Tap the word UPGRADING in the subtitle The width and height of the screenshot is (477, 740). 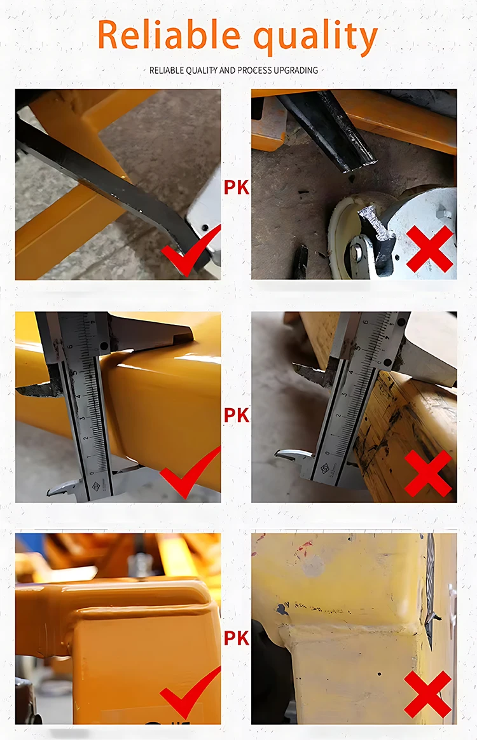tap(295, 70)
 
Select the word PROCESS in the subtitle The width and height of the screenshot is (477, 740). tap(254, 70)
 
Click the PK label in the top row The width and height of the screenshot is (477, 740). tap(236, 188)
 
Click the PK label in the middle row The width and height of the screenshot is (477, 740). tap(236, 415)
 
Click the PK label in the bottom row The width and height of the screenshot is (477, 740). tap(236, 638)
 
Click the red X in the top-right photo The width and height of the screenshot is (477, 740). tap(430, 249)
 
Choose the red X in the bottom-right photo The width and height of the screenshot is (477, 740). tap(428, 694)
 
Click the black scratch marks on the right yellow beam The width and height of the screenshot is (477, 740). tap(375, 439)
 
